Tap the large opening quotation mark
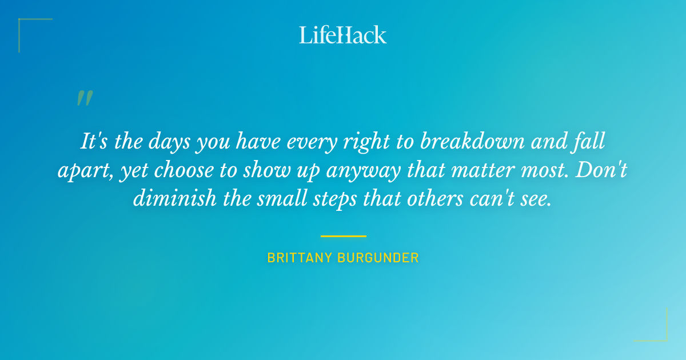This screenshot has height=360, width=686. [x=84, y=98]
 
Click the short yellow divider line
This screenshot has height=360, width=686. [x=343, y=235]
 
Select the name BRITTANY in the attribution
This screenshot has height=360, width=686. [x=300, y=258]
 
